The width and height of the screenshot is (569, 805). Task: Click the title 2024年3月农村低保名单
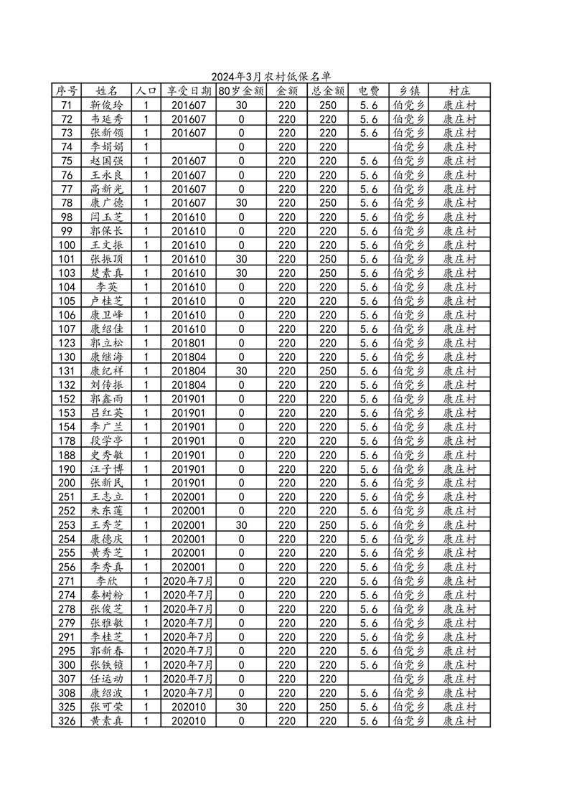271,77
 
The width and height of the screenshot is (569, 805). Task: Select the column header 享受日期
189,91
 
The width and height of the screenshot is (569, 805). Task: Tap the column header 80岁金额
241,91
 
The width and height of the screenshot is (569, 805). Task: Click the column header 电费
369,91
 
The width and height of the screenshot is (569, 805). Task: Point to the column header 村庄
459,91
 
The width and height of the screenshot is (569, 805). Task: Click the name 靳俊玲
106,105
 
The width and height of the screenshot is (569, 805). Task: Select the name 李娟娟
106,147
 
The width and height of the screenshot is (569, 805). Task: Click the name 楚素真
106,273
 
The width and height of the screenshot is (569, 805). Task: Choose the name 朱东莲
106,511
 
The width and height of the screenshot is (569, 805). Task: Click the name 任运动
106,679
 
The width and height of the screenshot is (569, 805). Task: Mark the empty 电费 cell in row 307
369,679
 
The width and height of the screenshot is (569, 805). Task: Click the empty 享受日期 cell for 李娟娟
189,147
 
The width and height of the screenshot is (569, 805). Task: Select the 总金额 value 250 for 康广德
328,203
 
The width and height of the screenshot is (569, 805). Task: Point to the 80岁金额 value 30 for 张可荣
241,707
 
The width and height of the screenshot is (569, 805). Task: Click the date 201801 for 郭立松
189,343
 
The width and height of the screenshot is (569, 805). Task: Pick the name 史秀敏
106,455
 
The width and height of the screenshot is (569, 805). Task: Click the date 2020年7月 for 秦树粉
189,595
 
